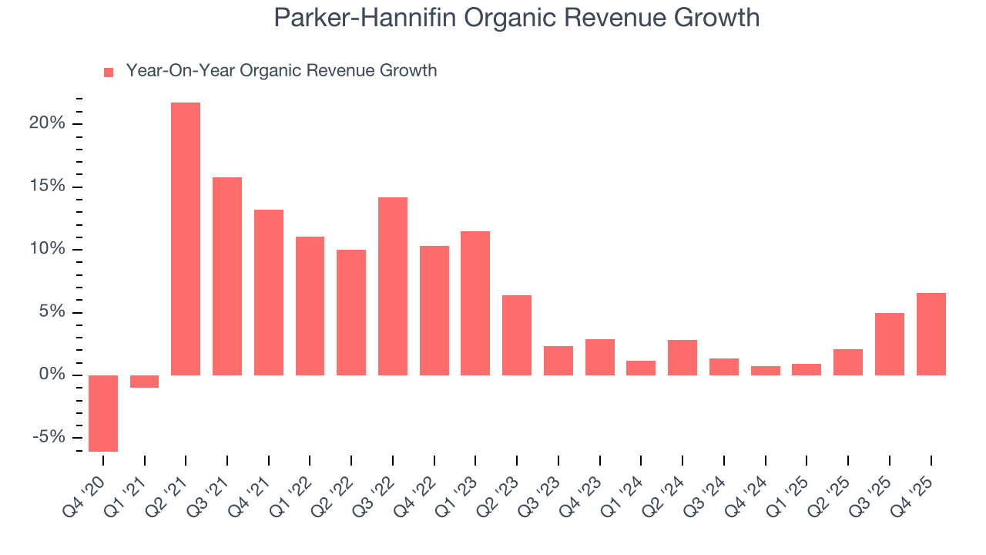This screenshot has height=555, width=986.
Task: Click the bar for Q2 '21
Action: [x=186, y=239]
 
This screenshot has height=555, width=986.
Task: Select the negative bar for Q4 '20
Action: [x=103, y=413]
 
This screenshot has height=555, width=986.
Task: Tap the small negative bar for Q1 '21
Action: [x=144, y=382]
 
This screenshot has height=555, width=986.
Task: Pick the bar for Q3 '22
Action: [x=393, y=286]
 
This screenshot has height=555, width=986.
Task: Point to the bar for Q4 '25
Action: [x=931, y=334]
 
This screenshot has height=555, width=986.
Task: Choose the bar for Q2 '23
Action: [x=517, y=335]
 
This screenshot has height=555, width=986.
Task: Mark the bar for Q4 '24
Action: [x=765, y=371]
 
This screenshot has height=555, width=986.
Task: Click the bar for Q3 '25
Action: [x=889, y=344]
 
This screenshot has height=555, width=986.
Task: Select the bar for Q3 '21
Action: [x=227, y=276]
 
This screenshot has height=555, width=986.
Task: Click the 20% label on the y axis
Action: [x=47, y=124]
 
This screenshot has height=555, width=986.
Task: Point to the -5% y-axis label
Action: [x=49, y=438]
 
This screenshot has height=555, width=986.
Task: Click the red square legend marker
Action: [x=109, y=72]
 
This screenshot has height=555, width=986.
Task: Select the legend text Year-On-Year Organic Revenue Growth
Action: [x=281, y=71]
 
